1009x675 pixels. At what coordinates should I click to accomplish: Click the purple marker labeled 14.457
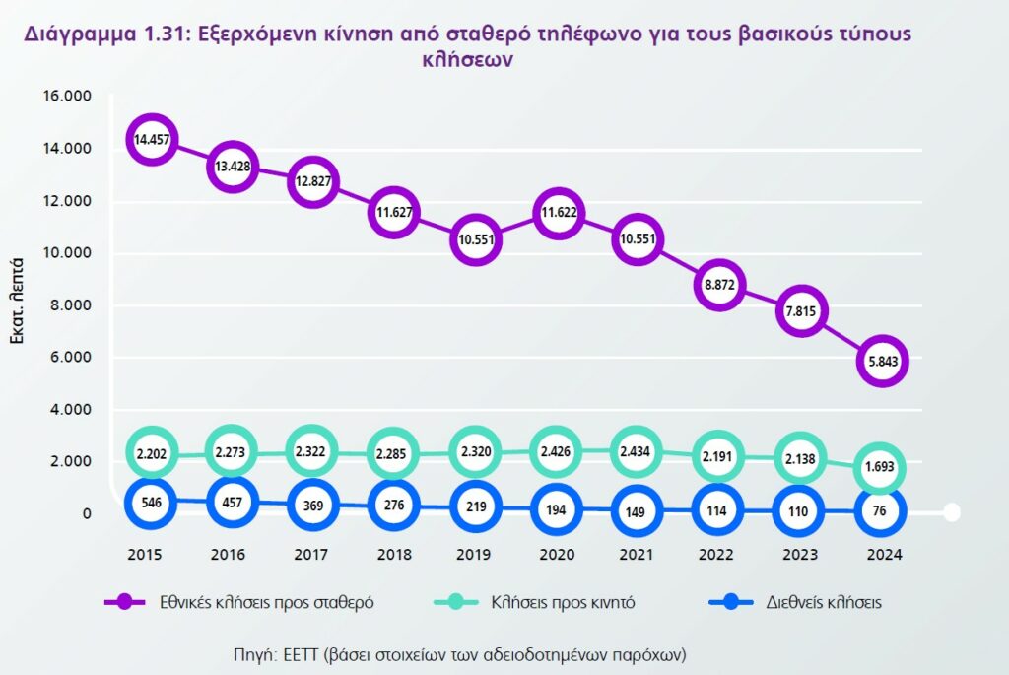pyautogui.click(x=151, y=140)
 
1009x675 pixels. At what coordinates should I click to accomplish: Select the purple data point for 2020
pyautogui.click(x=557, y=212)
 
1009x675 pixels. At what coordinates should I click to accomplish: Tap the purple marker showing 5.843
pyautogui.click(x=881, y=362)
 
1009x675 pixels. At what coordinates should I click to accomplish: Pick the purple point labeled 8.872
pyautogui.click(x=718, y=285)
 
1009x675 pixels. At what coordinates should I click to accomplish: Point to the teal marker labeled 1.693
pyautogui.click(x=881, y=469)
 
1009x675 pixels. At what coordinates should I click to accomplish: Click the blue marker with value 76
pyautogui.click(x=881, y=510)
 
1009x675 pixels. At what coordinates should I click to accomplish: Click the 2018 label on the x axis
pyautogui.click(x=394, y=555)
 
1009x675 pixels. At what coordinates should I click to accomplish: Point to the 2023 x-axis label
pyautogui.click(x=800, y=555)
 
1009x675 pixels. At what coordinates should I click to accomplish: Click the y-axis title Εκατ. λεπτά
pyautogui.click(x=17, y=304)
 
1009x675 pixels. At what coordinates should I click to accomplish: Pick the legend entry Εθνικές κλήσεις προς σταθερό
pyautogui.click(x=265, y=603)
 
